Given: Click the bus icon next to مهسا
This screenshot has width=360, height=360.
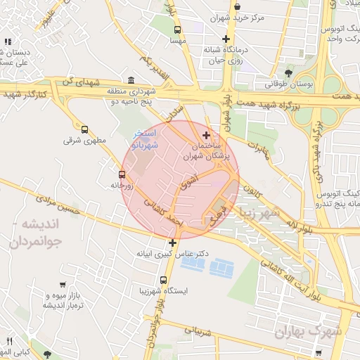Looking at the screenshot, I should (176, 30).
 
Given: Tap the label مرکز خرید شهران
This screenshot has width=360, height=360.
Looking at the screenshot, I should (244, 18).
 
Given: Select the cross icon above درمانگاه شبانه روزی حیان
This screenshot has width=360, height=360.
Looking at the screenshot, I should (225, 39).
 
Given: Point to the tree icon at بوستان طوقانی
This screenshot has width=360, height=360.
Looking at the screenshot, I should (288, 72).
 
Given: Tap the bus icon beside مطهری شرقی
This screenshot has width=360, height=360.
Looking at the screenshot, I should (85, 129).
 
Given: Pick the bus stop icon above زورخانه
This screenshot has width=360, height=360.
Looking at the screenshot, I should (122, 174).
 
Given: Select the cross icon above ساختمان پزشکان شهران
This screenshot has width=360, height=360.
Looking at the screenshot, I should (205, 134).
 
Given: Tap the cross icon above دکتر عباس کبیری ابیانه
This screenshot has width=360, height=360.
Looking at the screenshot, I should (172, 243).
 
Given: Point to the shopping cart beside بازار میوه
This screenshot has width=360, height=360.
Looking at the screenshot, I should (63, 285).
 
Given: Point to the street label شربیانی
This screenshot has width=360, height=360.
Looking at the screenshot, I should (198, 328).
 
